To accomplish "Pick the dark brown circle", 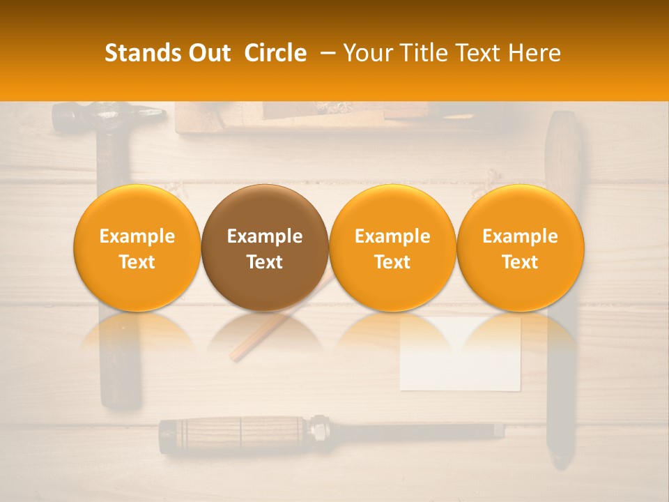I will click(x=265, y=248).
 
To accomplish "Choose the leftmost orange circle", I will click(x=137, y=248).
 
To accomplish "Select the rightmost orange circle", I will click(x=521, y=248).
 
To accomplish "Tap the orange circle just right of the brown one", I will click(x=392, y=248).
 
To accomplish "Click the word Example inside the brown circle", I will click(x=265, y=236).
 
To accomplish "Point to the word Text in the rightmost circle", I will click(x=521, y=262).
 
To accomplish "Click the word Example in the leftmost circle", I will click(x=137, y=236).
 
